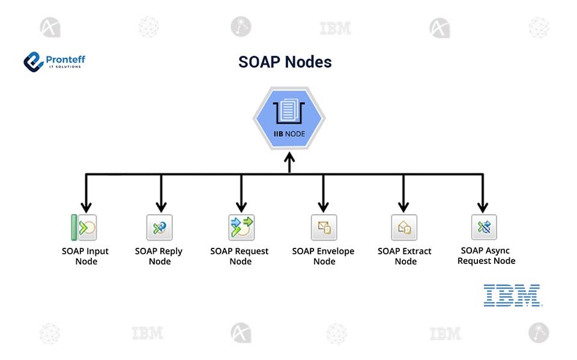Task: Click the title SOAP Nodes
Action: [285, 62]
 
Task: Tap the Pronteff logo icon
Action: [33, 62]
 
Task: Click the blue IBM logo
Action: [512, 296]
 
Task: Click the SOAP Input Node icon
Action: [85, 228]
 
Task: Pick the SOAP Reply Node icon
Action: [160, 228]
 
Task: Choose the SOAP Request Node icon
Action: [241, 228]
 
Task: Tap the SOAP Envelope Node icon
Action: [324, 228]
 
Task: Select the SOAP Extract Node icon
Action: [404, 228]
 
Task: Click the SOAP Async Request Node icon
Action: [483, 227]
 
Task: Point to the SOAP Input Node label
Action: [85, 256]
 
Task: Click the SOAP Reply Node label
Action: [159, 256]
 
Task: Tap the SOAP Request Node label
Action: [240, 256]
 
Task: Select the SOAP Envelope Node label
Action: [324, 256]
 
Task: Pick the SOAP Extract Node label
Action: [405, 256]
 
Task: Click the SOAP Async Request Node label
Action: [486, 256]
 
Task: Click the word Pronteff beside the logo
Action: [65, 59]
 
